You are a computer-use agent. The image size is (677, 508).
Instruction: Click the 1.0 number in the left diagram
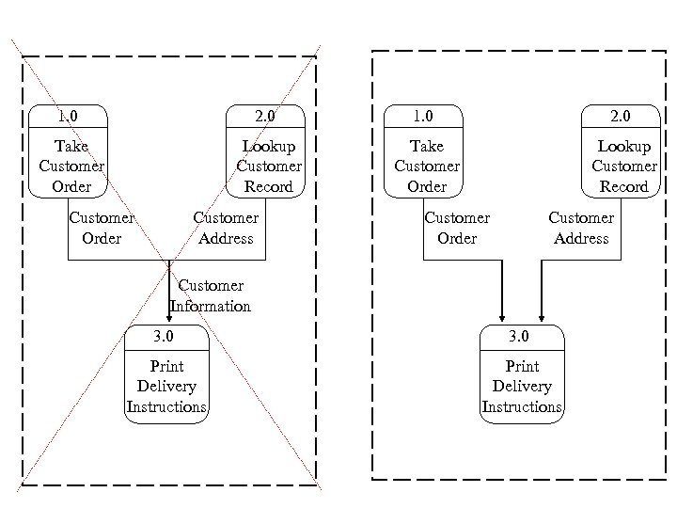click(68, 117)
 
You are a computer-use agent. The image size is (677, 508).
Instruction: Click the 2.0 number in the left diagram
click(265, 117)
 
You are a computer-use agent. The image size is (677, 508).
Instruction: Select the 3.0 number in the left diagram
click(165, 337)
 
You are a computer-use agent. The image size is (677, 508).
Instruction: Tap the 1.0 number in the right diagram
click(423, 117)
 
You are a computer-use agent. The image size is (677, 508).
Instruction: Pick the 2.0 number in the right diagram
click(621, 117)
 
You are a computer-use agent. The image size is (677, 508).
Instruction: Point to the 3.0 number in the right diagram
click(520, 337)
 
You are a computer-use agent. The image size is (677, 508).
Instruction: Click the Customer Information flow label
click(211, 295)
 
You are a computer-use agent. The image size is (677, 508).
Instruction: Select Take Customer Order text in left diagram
click(71, 167)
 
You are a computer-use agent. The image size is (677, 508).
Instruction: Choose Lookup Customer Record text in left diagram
click(269, 167)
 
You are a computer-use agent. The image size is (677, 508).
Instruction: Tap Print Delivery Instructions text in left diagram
click(166, 387)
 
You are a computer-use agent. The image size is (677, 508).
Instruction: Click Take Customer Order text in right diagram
click(427, 167)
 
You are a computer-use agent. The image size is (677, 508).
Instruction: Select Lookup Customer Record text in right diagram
click(624, 167)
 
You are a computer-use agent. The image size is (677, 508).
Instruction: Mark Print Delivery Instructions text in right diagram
click(522, 387)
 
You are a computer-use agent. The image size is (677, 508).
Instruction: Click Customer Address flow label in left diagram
click(226, 228)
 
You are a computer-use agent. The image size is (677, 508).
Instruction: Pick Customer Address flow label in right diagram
click(581, 228)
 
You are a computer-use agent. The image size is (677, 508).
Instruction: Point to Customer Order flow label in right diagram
click(457, 228)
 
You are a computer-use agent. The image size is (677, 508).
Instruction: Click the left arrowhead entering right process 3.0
click(504, 318)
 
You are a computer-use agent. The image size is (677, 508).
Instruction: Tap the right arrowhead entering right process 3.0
click(542, 318)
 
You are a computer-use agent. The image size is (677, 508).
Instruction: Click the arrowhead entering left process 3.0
click(169, 318)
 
